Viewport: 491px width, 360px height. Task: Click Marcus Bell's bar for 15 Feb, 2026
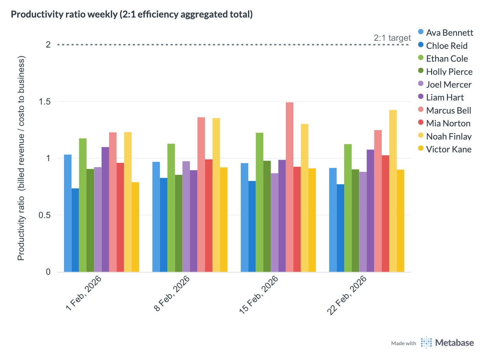click(x=290, y=187)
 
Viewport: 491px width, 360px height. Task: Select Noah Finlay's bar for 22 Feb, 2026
click(x=393, y=191)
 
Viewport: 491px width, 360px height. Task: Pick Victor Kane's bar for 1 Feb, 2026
click(x=135, y=227)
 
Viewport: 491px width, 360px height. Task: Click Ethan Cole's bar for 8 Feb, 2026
click(x=171, y=208)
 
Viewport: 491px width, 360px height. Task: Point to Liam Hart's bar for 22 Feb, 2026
click(x=370, y=211)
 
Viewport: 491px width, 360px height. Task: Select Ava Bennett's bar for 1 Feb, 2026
click(x=68, y=213)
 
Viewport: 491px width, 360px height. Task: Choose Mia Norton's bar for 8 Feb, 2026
click(x=209, y=215)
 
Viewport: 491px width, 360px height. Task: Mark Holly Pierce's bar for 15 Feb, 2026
click(x=267, y=216)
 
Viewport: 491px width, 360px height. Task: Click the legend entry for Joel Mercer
click(x=449, y=85)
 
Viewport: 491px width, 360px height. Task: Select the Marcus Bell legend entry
click(x=448, y=111)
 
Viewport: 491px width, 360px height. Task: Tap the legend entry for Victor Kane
click(x=449, y=149)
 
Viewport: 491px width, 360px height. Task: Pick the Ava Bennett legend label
click(x=449, y=33)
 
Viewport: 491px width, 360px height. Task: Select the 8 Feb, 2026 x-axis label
click(x=172, y=293)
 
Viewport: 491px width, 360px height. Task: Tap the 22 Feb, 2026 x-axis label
click(x=347, y=295)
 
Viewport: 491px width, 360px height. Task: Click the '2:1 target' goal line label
click(x=392, y=38)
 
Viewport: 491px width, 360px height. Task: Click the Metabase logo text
click(x=454, y=343)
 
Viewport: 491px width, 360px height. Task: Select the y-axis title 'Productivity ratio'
click(x=21, y=158)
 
